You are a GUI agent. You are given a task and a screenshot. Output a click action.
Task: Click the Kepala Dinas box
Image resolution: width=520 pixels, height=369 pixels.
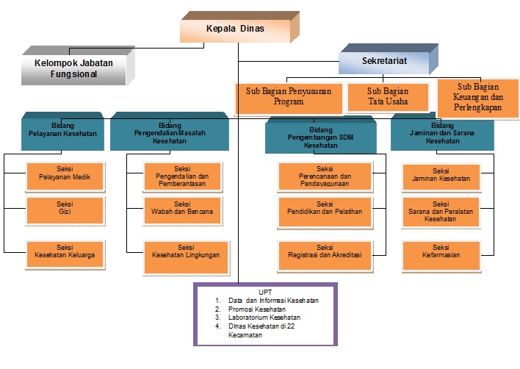tap(234, 29)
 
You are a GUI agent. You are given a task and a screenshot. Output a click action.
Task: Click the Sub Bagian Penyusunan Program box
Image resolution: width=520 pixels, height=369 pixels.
tap(289, 97)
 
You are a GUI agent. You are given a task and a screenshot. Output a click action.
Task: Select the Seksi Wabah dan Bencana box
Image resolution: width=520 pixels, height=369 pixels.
tap(183, 208)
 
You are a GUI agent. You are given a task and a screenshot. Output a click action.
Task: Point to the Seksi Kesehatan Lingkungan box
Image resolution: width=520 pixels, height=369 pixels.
tap(183, 251)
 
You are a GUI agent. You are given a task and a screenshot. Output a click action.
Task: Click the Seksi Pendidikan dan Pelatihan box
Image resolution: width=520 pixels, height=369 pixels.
tap(325, 208)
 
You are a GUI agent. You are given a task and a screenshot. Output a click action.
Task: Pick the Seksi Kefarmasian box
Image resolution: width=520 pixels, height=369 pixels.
tap(441, 251)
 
